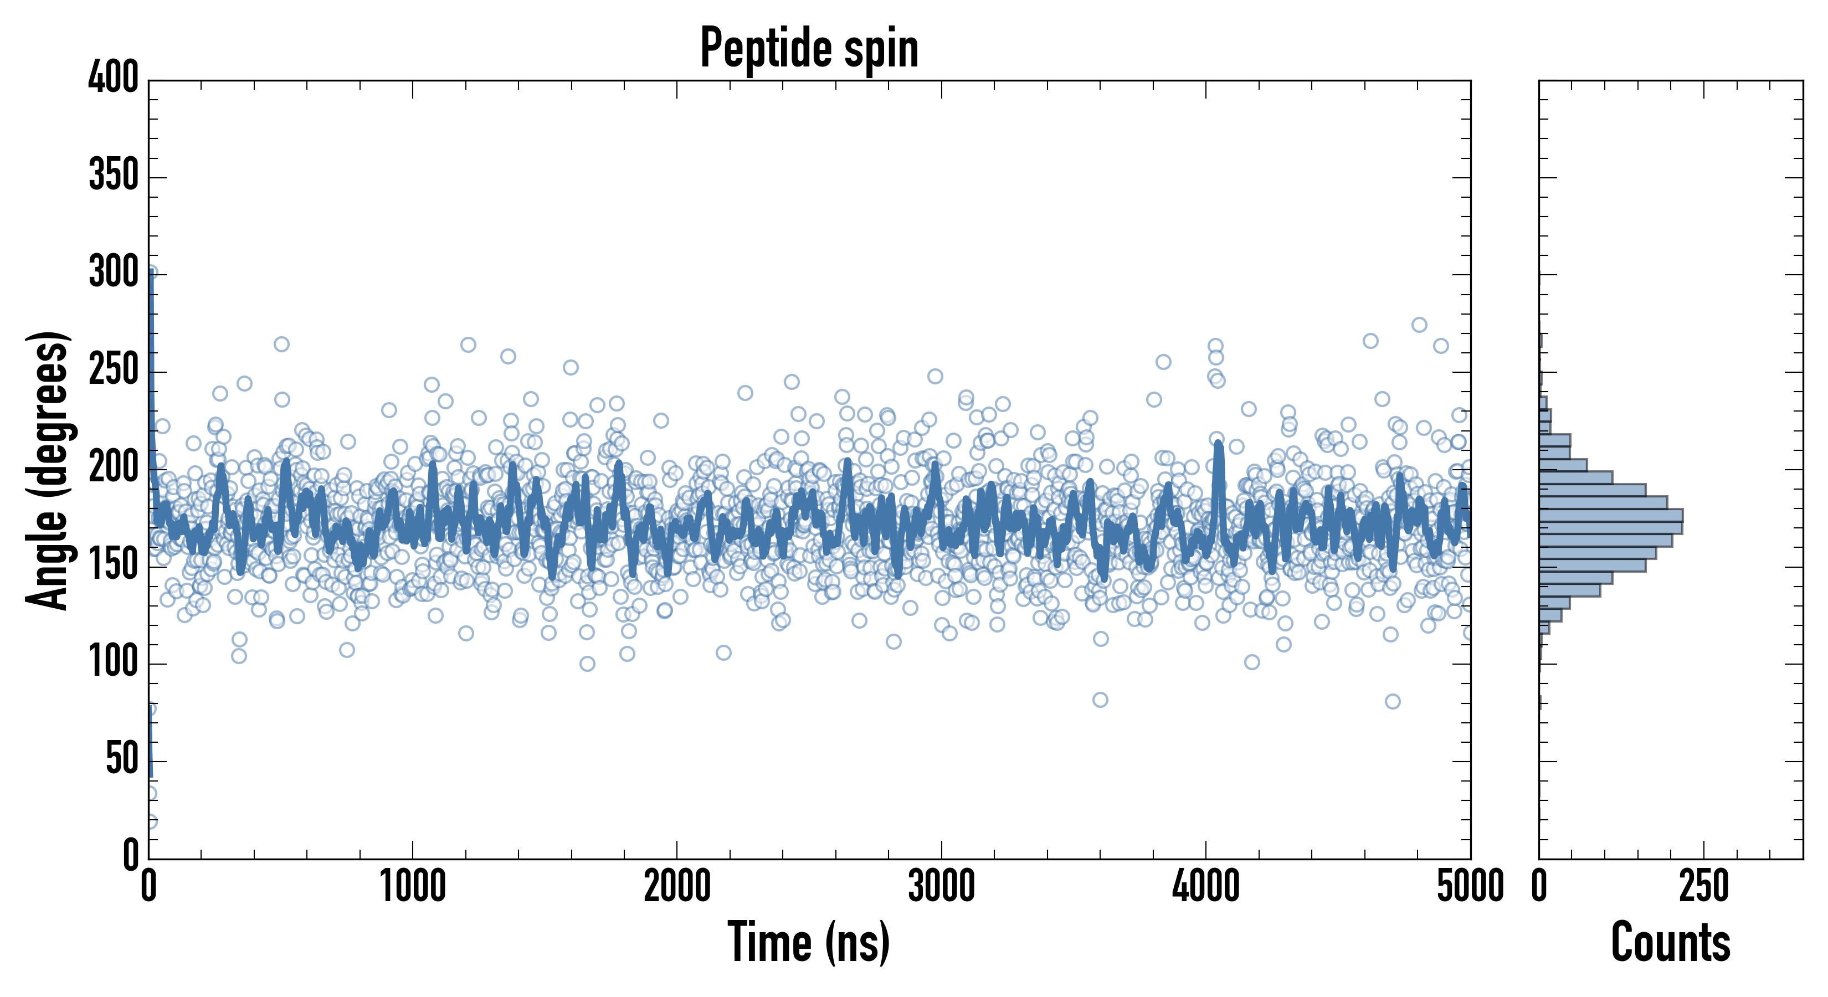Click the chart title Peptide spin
click(x=809, y=48)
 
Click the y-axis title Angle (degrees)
click(x=48, y=470)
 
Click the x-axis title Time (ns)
click(x=808, y=942)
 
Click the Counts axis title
click(x=1671, y=942)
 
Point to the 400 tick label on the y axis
click(x=114, y=78)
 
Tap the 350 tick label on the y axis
click(x=114, y=175)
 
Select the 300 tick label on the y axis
click(x=114, y=273)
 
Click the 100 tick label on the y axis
click(x=114, y=662)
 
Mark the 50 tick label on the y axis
click(x=122, y=759)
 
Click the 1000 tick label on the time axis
click(x=413, y=887)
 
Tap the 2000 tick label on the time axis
click(x=677, y=887)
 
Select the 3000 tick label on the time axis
click(x=942, y=887)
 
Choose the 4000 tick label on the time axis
click(x=1206, y=887)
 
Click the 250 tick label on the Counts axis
click(x=1704, y=887)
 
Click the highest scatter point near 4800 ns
click(x=1419, y=325)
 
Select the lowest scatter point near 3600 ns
click(x=1100, y=700)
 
